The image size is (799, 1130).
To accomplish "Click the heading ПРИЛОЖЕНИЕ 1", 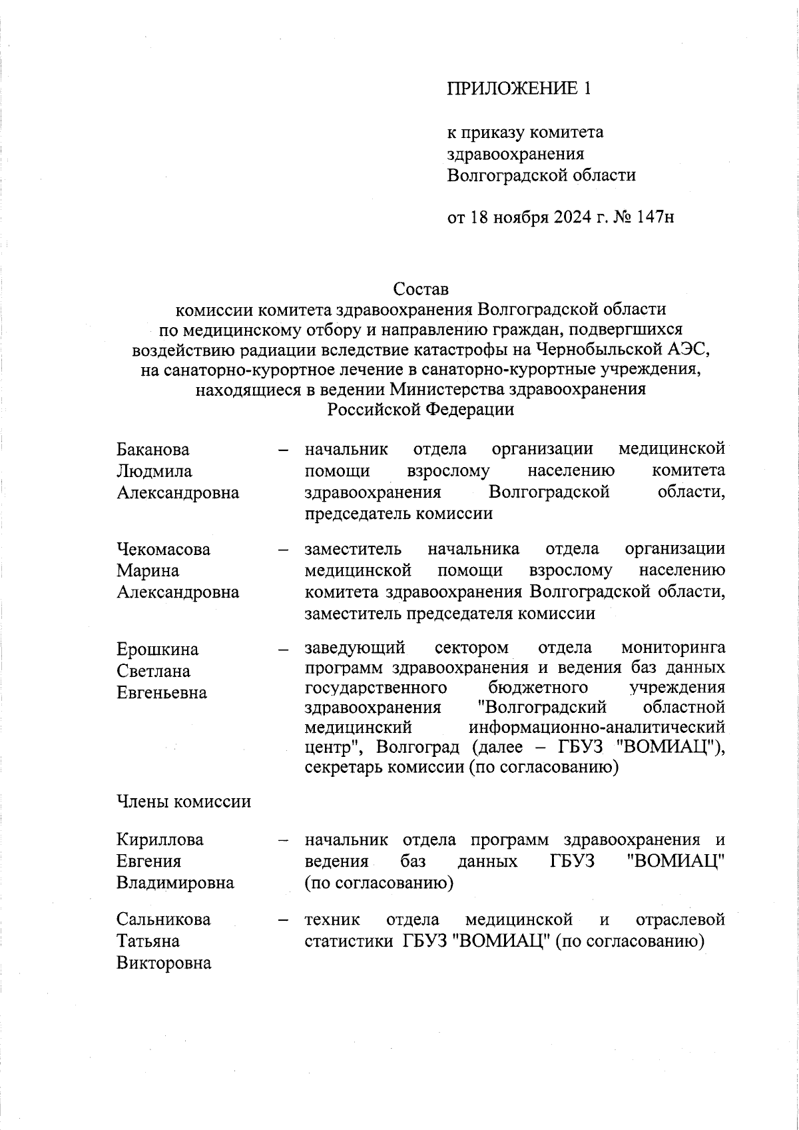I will [518, 89].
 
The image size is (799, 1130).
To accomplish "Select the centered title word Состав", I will [421, 289].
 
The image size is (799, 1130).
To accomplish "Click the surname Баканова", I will [153, 450].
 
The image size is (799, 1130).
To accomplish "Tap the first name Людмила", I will [154, 471].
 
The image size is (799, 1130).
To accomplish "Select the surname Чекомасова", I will [164, 550].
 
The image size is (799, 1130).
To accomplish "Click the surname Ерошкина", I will [158, 649].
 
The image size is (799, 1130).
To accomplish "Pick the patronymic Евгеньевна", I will [162, 693].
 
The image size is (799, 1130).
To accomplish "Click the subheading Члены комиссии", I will [184, 802].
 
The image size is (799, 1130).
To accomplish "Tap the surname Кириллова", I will [160, 840].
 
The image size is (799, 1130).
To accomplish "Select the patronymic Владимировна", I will [175, 883].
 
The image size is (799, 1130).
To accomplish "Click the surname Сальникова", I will [164, 920].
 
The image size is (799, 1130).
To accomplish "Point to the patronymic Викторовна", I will [164, 963].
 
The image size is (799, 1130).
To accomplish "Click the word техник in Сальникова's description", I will [332, 920].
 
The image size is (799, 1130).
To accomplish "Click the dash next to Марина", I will [284, 550].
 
